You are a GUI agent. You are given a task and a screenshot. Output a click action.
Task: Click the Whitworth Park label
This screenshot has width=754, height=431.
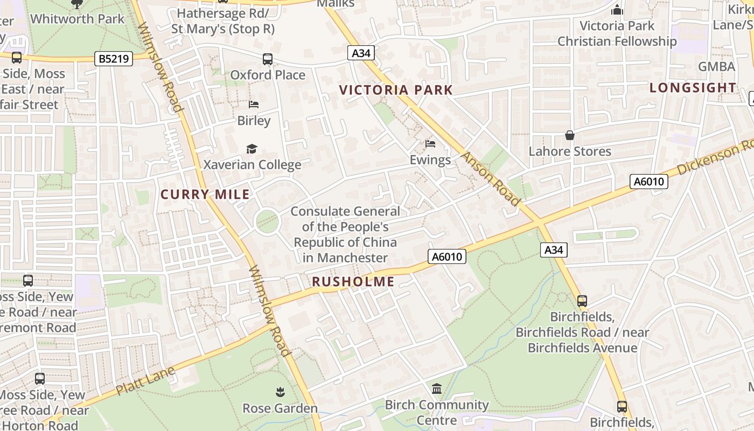click(77, 19)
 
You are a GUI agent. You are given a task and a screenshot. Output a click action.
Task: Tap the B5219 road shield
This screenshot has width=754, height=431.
click(114, 59)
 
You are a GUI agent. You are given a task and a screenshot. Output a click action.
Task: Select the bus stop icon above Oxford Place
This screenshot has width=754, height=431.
click(268, 59)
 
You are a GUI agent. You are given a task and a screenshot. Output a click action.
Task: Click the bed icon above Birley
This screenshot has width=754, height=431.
click(254, 105)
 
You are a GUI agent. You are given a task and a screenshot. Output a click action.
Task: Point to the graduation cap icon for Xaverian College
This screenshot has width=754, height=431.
click(252, 149)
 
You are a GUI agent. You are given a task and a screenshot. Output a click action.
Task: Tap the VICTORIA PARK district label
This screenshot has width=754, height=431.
click(396, 90)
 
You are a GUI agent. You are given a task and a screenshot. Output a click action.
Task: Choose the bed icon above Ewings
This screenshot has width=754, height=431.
click(430, 144)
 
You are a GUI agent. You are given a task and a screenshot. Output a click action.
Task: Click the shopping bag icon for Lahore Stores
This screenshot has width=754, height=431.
click(570, 135)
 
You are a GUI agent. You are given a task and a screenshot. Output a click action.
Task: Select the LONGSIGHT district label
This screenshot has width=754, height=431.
click(693, 87)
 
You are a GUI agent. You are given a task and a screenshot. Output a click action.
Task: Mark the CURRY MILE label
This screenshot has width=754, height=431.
click(205, 194)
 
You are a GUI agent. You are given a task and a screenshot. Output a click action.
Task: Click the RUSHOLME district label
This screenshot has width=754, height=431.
click(353, 281)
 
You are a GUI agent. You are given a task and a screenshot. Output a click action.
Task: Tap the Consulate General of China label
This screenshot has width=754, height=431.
click(345, 234)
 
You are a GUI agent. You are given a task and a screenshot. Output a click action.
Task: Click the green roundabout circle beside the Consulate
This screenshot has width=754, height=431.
click(267, 221)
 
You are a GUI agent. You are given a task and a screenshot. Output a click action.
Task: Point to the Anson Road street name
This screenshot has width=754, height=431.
click(491, 179)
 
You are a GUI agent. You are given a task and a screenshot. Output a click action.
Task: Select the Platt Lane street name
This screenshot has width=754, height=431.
click(145, 380)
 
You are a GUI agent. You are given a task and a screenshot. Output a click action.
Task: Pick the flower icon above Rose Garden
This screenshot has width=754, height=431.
click(280, 392)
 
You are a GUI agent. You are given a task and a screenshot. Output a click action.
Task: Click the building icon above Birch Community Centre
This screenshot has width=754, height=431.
click(437, 388)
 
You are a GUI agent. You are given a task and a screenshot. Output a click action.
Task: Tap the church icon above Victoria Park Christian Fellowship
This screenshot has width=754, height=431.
click(617, 10)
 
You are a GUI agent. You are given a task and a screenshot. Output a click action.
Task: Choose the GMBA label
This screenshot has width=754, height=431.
click(716, 67)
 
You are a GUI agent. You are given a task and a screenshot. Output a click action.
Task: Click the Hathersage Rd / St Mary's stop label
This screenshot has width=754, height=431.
click(223, 20)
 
